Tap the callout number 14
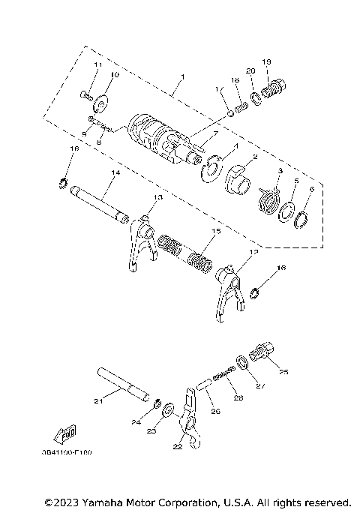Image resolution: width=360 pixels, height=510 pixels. click(114, 172)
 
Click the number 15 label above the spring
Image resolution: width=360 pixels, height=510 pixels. click(216, 232)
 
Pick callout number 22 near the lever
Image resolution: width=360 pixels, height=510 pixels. click(177, 447)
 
